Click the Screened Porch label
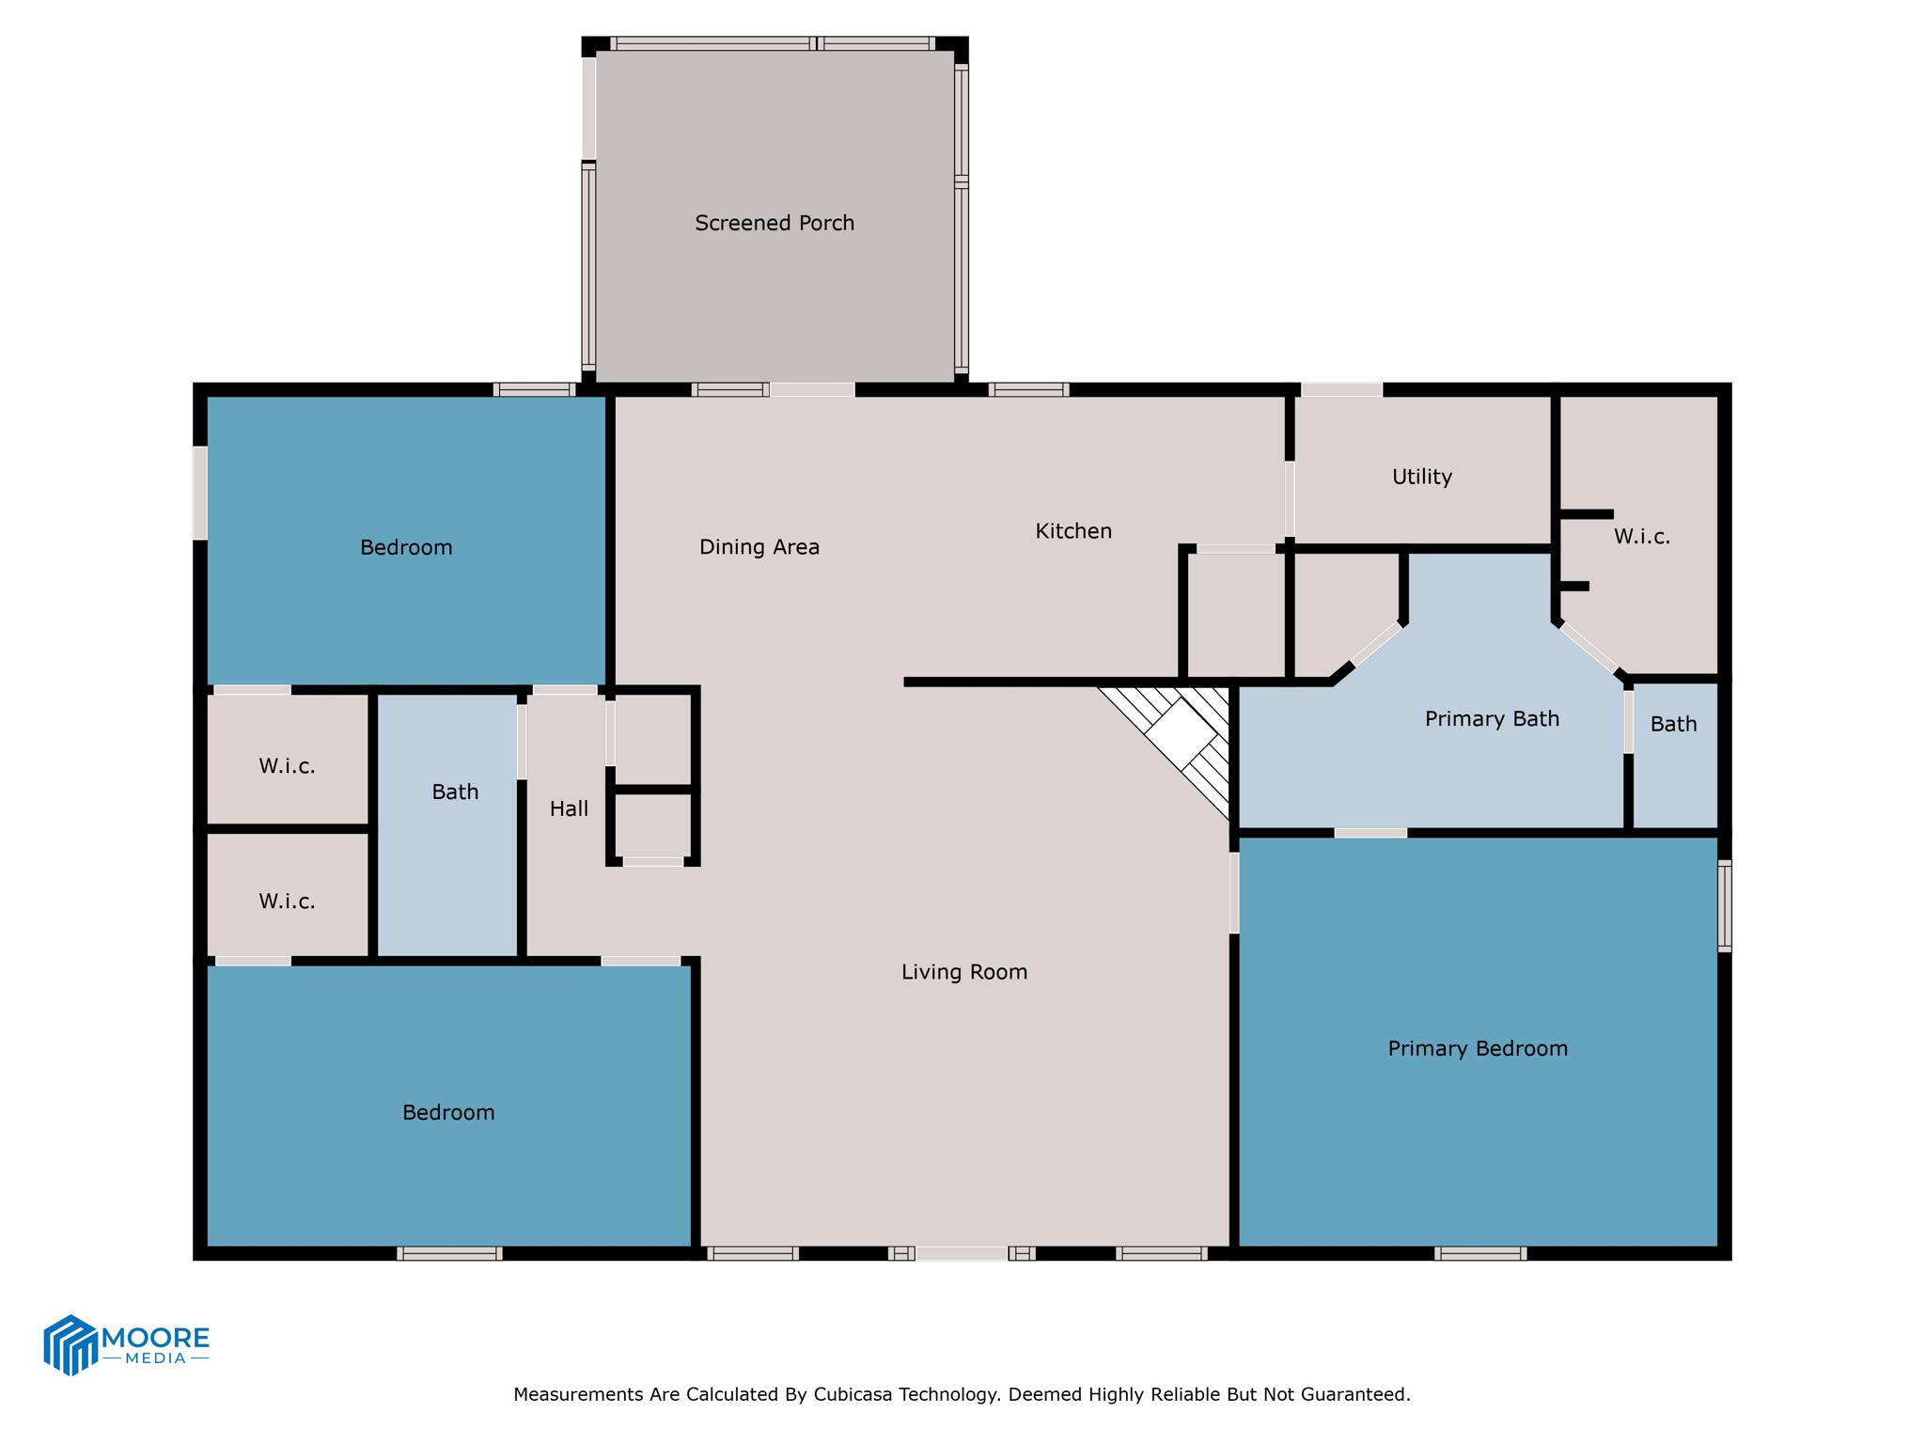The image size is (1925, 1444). (775, 223)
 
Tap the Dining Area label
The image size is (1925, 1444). (759, 547)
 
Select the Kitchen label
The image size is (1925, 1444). (1073, 531)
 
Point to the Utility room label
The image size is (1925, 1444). (1421, 477)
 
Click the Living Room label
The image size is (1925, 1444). (963, 972)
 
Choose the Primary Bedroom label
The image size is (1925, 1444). (1478, 1048)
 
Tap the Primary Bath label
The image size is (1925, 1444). (1492, 719)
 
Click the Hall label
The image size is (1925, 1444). (569, 808)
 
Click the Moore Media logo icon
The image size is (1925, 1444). (70, 1344)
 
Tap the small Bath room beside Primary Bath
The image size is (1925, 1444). (1673, 724)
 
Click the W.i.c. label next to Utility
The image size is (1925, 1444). (1641, 537)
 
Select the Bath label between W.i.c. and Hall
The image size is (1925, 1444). (455, 793)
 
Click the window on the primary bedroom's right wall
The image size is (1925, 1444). (1724, 906)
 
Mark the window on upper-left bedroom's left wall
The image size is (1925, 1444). (199, 493)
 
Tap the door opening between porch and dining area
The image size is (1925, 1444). (812, 389)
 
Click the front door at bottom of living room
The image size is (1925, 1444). (962, 1253)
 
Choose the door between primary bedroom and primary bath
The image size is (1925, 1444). (1370, 833)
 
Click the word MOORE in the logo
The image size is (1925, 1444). (155, 1337)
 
